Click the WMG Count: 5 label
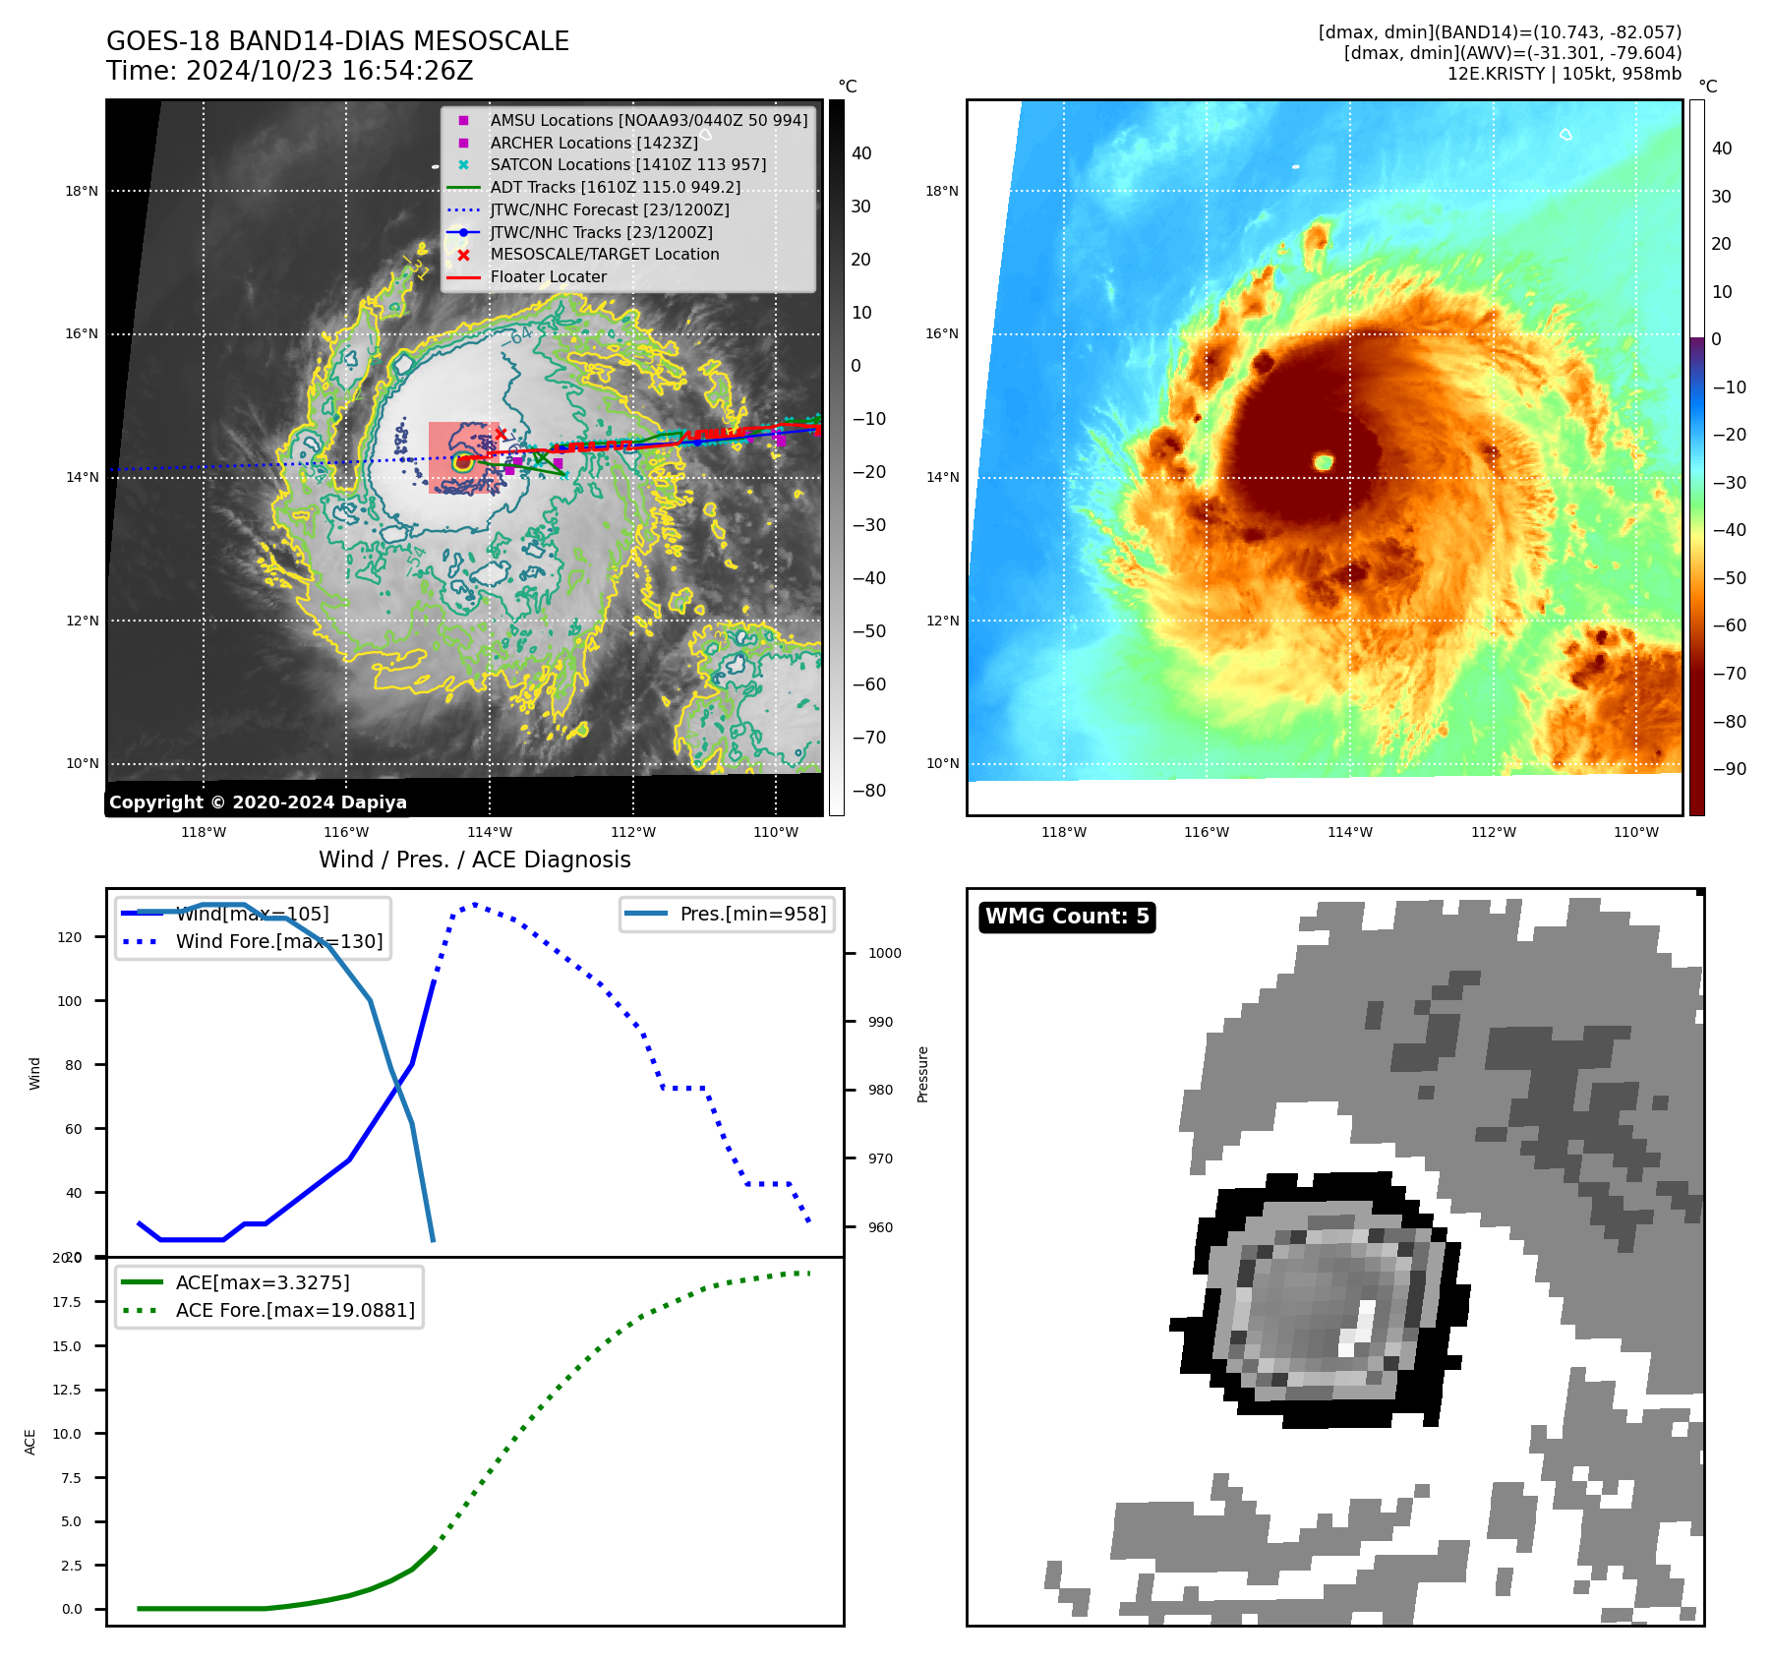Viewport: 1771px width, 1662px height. click(1067, 917)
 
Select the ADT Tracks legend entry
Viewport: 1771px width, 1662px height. click(615, 187)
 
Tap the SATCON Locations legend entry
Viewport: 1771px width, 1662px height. click(627, 164)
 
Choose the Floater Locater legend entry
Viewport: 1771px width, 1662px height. click(548, 276)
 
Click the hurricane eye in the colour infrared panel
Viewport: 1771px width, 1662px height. click(1324, 461)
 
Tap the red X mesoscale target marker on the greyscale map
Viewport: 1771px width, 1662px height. click(501, 434)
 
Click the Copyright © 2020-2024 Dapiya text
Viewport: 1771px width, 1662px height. click(258, 802)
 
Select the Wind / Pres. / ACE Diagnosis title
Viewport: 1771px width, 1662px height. click(474, 860)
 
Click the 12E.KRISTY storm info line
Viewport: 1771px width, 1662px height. click(1564, 74)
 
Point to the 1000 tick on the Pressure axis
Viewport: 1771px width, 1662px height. click(884, 953)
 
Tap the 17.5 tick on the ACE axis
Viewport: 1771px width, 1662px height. click(67, 1302)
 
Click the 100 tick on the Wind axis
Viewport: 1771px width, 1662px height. click(70, 1001)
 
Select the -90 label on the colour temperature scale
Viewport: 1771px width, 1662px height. click(1729, 769)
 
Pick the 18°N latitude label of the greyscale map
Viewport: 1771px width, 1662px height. click(82, 191)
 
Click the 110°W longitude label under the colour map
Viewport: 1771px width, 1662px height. click(1635, 832)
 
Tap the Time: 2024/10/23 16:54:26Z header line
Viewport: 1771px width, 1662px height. click(290, 71)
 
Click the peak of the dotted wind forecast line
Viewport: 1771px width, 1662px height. click(475, 904)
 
